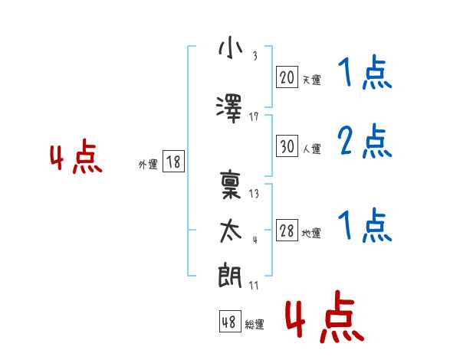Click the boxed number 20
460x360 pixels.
click(287, 77)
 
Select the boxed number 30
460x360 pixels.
click(287, 146)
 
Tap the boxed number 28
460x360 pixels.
click(287, 231)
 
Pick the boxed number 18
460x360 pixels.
click(173, 162)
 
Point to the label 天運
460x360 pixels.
click(311, 80)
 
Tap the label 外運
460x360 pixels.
click(148, 164)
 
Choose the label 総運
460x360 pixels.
click(255, 324)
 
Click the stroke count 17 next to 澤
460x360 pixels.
click(255, 116)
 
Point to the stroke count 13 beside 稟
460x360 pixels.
click(255, 193)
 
